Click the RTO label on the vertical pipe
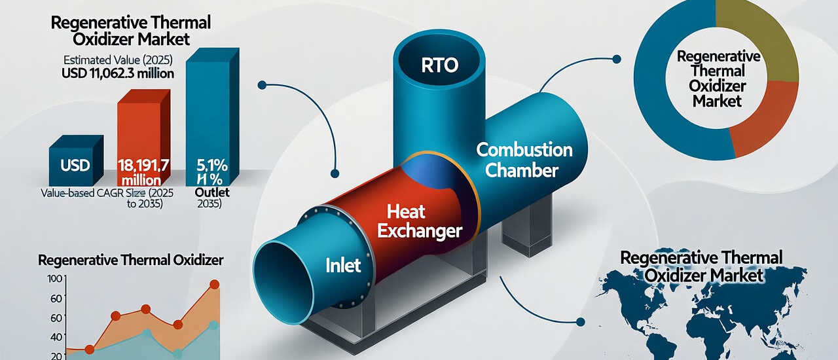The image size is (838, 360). tap(437, 65)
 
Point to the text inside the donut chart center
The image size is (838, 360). tap(718, 79)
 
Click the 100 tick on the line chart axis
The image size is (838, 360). tap(55, 279)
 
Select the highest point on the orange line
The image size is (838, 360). tap(214, 285)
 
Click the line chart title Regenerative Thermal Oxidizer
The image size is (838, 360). tap(131, 261)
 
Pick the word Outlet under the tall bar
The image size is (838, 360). tap(209, 193)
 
